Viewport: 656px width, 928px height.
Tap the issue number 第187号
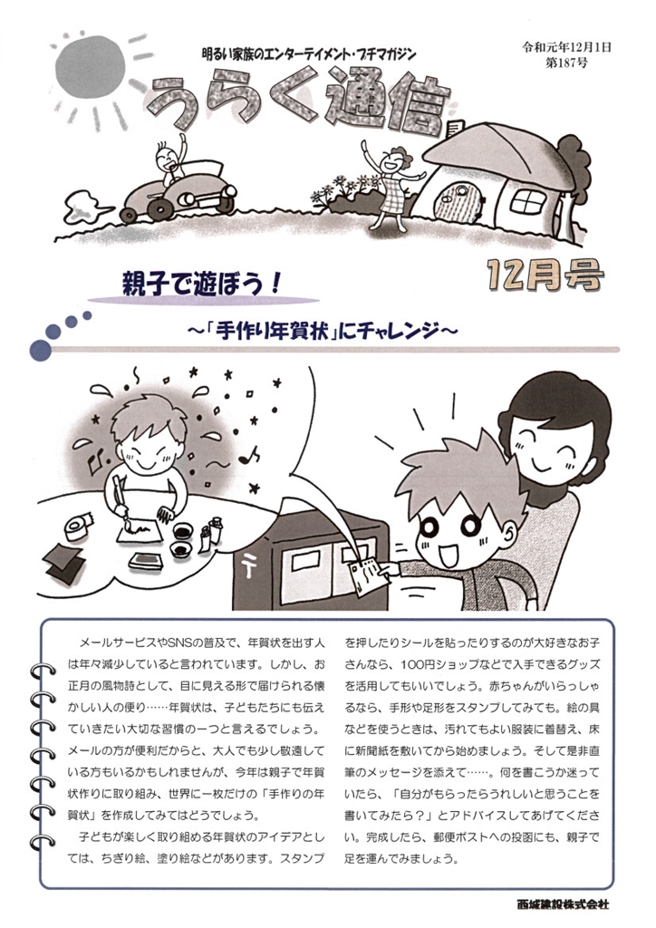coord(566,63)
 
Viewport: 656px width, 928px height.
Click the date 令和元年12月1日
coord(566,47)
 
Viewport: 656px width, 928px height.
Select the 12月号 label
coord(545,276)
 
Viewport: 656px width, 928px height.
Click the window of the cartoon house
coord(528,202)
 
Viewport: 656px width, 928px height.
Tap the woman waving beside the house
coord(391,183)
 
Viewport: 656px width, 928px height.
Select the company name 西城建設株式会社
coord(562,904)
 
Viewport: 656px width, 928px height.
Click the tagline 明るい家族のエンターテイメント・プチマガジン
coord(309,54)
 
